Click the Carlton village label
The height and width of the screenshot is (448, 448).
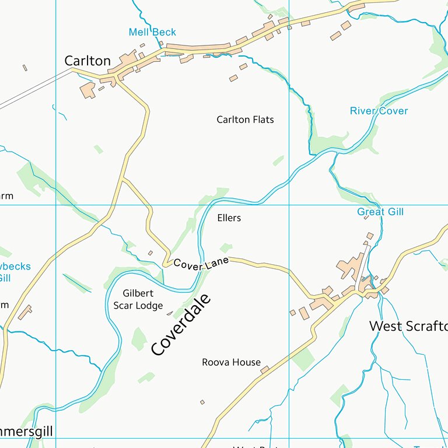point(87,61)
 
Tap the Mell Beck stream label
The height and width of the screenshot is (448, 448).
point(152,33)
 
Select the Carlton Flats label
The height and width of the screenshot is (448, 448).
point(245,120)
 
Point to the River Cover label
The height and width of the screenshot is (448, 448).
point(379,111)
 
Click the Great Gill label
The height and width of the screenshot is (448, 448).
point(380,212)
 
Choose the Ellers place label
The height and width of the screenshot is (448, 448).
point(229,218)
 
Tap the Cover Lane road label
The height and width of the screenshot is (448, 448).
point(201,264)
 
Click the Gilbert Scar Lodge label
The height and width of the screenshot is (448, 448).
point(138,299)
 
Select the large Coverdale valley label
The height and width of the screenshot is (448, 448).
point(180,325)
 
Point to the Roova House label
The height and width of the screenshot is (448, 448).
point(231,362)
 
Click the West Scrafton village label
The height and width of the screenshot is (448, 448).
point(408,326)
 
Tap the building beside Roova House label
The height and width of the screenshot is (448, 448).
point(265,369)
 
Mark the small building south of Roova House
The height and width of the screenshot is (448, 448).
point(202,402)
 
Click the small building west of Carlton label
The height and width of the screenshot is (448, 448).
point(25,68)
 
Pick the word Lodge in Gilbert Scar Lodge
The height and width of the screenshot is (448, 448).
point(150,306)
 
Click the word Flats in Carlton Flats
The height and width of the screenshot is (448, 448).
point(261,120)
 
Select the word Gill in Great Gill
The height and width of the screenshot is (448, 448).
point(394,212)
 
